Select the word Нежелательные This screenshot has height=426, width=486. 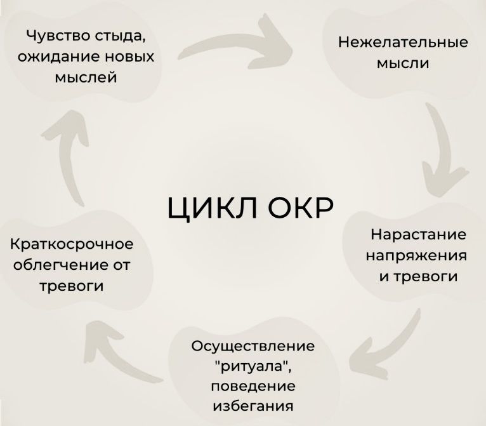click(x=403, y=43)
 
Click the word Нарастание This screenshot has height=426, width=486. click(x=418, y=234)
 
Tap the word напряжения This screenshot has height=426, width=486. click(x=416, y=256)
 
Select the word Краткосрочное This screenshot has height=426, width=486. click(x=72, y=244)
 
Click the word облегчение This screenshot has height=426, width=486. click(x=54, y=265)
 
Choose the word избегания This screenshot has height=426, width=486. click(x=253, y=405)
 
